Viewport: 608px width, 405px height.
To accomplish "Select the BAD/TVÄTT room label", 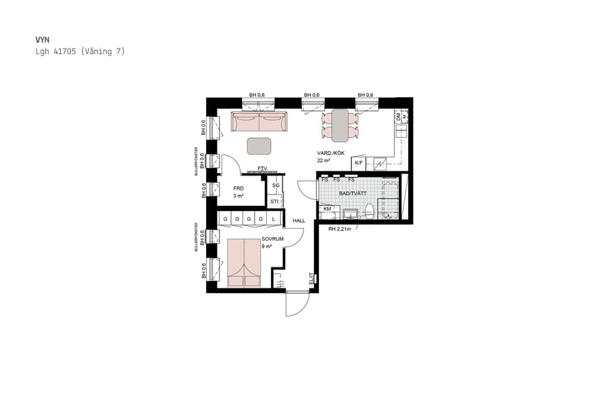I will tap(353, 192).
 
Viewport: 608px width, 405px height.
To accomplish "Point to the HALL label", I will tap(299, 221).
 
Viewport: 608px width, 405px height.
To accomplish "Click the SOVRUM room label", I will tap(272, 239).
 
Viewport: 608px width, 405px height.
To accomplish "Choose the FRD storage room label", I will tap(238, 189).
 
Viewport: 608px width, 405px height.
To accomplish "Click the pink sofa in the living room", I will tap(259, 122).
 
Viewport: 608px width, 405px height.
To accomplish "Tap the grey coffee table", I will tap(259, 146).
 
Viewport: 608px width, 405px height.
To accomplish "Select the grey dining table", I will tap(340, 125).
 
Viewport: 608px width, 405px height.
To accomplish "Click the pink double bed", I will tap(244, 263).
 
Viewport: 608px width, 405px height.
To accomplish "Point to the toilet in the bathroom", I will tap(370, 211).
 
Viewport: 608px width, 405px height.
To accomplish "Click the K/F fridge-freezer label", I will tap(359, 163).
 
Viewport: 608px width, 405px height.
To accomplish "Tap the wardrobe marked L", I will tap(274, 219).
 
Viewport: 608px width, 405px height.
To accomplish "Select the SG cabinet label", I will tap(275, 185).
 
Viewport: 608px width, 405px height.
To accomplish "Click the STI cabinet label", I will tap(274, 201).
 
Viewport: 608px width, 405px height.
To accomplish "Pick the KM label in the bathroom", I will tap(328, 209).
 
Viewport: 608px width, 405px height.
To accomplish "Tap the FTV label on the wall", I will tap(262, 169).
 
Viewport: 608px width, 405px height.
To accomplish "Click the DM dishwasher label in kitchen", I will tap(398, 116).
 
